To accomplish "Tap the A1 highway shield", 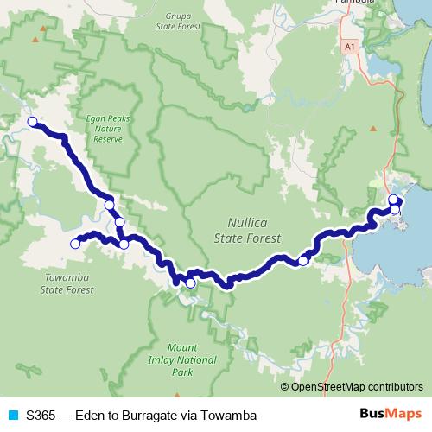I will [x=348, y=45].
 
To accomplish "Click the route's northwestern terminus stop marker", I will [x=32, y=122].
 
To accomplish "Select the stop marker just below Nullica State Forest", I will [x=303, y=260].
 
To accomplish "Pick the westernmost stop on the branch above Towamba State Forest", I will [x=74, y=245].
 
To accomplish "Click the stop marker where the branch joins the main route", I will [x=124, y=244].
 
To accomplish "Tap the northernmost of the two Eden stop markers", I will [x=393, y=200].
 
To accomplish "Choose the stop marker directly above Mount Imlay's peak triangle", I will [x=190, y=283].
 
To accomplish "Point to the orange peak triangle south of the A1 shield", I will [x=373, y=128].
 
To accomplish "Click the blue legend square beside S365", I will [x=12, y=416].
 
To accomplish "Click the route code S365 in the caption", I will [x=42, y=416].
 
